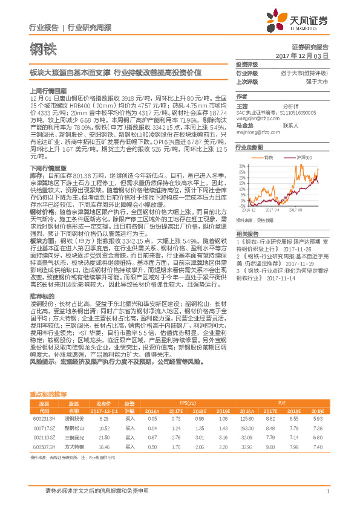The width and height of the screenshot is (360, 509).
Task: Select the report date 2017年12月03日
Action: click(302, 56)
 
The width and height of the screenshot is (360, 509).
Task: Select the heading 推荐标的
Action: click(41, 296)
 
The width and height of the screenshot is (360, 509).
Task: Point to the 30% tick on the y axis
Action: click(241, 164)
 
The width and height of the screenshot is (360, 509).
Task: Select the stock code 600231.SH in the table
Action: click(44, 418)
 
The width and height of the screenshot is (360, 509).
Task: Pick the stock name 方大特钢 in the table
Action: click(73, 446)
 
